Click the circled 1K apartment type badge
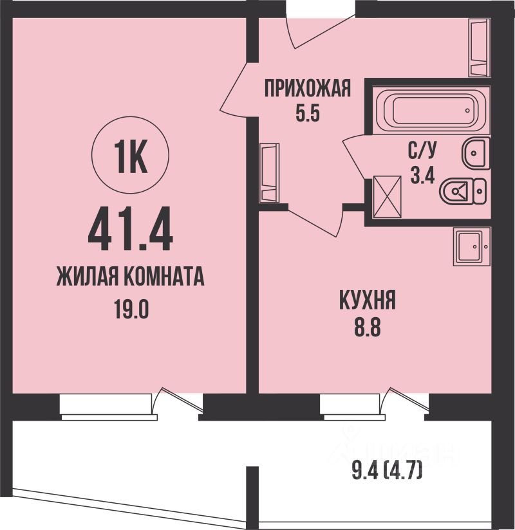[x=130, y=157]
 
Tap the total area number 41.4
[x=131, y=230]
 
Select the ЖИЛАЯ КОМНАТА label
[x=130, y=277]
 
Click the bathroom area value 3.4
[x=422, y=175]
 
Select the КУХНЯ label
[x=368, y=300]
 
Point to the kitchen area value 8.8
[x=368, y=327]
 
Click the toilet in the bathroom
[x=463, y=191]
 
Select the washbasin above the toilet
[x=476, y=153]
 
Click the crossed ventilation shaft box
[x=387, y=197]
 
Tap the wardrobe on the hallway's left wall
[x=269, y=173]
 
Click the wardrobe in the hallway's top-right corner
[x=479, y=48]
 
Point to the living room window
[x=106, y=407]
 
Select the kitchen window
[x=352, y=407]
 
